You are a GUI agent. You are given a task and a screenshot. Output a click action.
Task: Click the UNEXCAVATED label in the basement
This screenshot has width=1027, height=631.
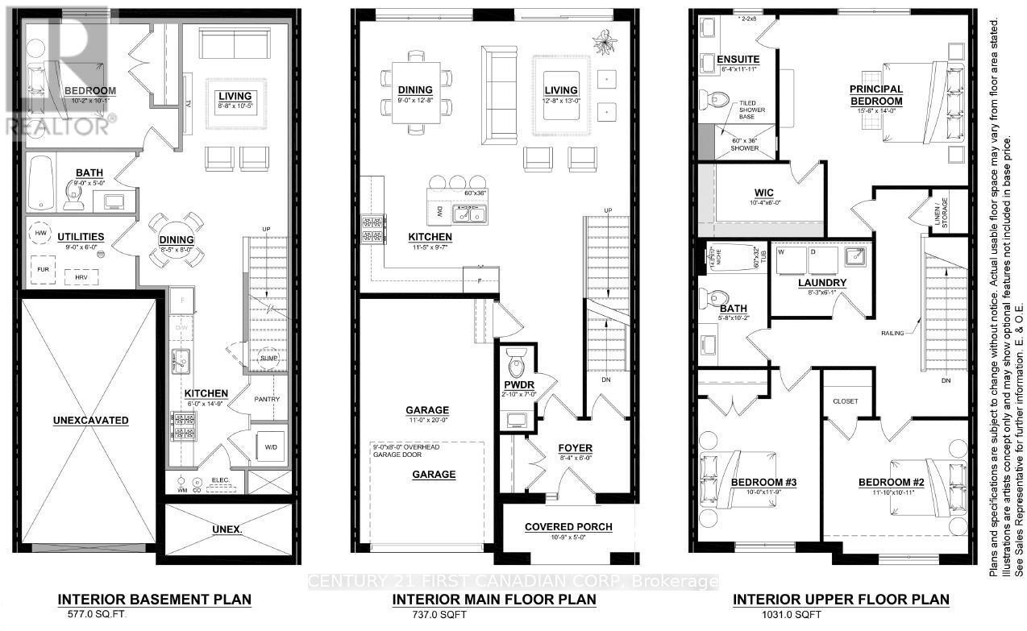pos(91,420)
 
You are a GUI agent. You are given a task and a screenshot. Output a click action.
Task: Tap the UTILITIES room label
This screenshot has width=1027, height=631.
pos(81,236)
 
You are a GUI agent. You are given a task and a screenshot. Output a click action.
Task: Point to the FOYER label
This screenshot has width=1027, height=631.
pos(576,448)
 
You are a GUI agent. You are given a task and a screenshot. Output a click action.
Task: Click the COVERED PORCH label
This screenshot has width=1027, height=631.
pos(568,527)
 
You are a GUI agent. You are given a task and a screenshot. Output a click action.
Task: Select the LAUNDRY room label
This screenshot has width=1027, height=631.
pos(821,283)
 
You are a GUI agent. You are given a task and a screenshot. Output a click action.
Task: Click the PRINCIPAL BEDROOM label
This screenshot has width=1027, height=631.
pos(875,94)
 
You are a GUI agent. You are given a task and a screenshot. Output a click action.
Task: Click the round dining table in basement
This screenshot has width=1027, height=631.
pos(177,239)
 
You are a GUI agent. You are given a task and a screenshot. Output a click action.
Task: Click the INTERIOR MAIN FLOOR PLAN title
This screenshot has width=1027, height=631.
pos(494,600)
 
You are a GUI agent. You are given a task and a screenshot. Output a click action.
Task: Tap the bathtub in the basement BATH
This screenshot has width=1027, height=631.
pos(39,182)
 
